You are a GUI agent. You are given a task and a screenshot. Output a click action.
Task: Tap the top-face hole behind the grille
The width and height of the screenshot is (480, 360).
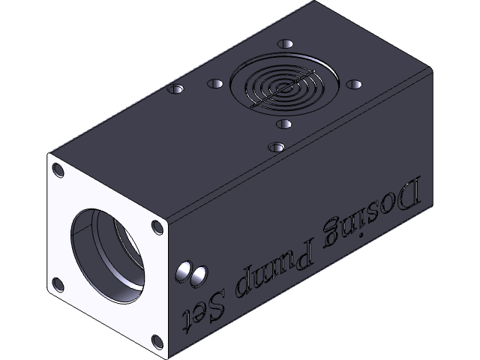point(284,43)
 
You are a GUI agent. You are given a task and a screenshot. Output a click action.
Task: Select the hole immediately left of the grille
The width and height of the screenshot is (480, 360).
point(215,82)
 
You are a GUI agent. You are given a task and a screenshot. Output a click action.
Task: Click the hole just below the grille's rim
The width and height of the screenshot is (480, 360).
point(283,124)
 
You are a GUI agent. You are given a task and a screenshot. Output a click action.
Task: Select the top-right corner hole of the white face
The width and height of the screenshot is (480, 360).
point(156,226)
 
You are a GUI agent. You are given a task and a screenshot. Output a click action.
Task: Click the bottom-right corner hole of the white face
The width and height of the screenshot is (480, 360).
point(156,342)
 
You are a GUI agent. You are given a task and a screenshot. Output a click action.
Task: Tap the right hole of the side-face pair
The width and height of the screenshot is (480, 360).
point(198,276)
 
